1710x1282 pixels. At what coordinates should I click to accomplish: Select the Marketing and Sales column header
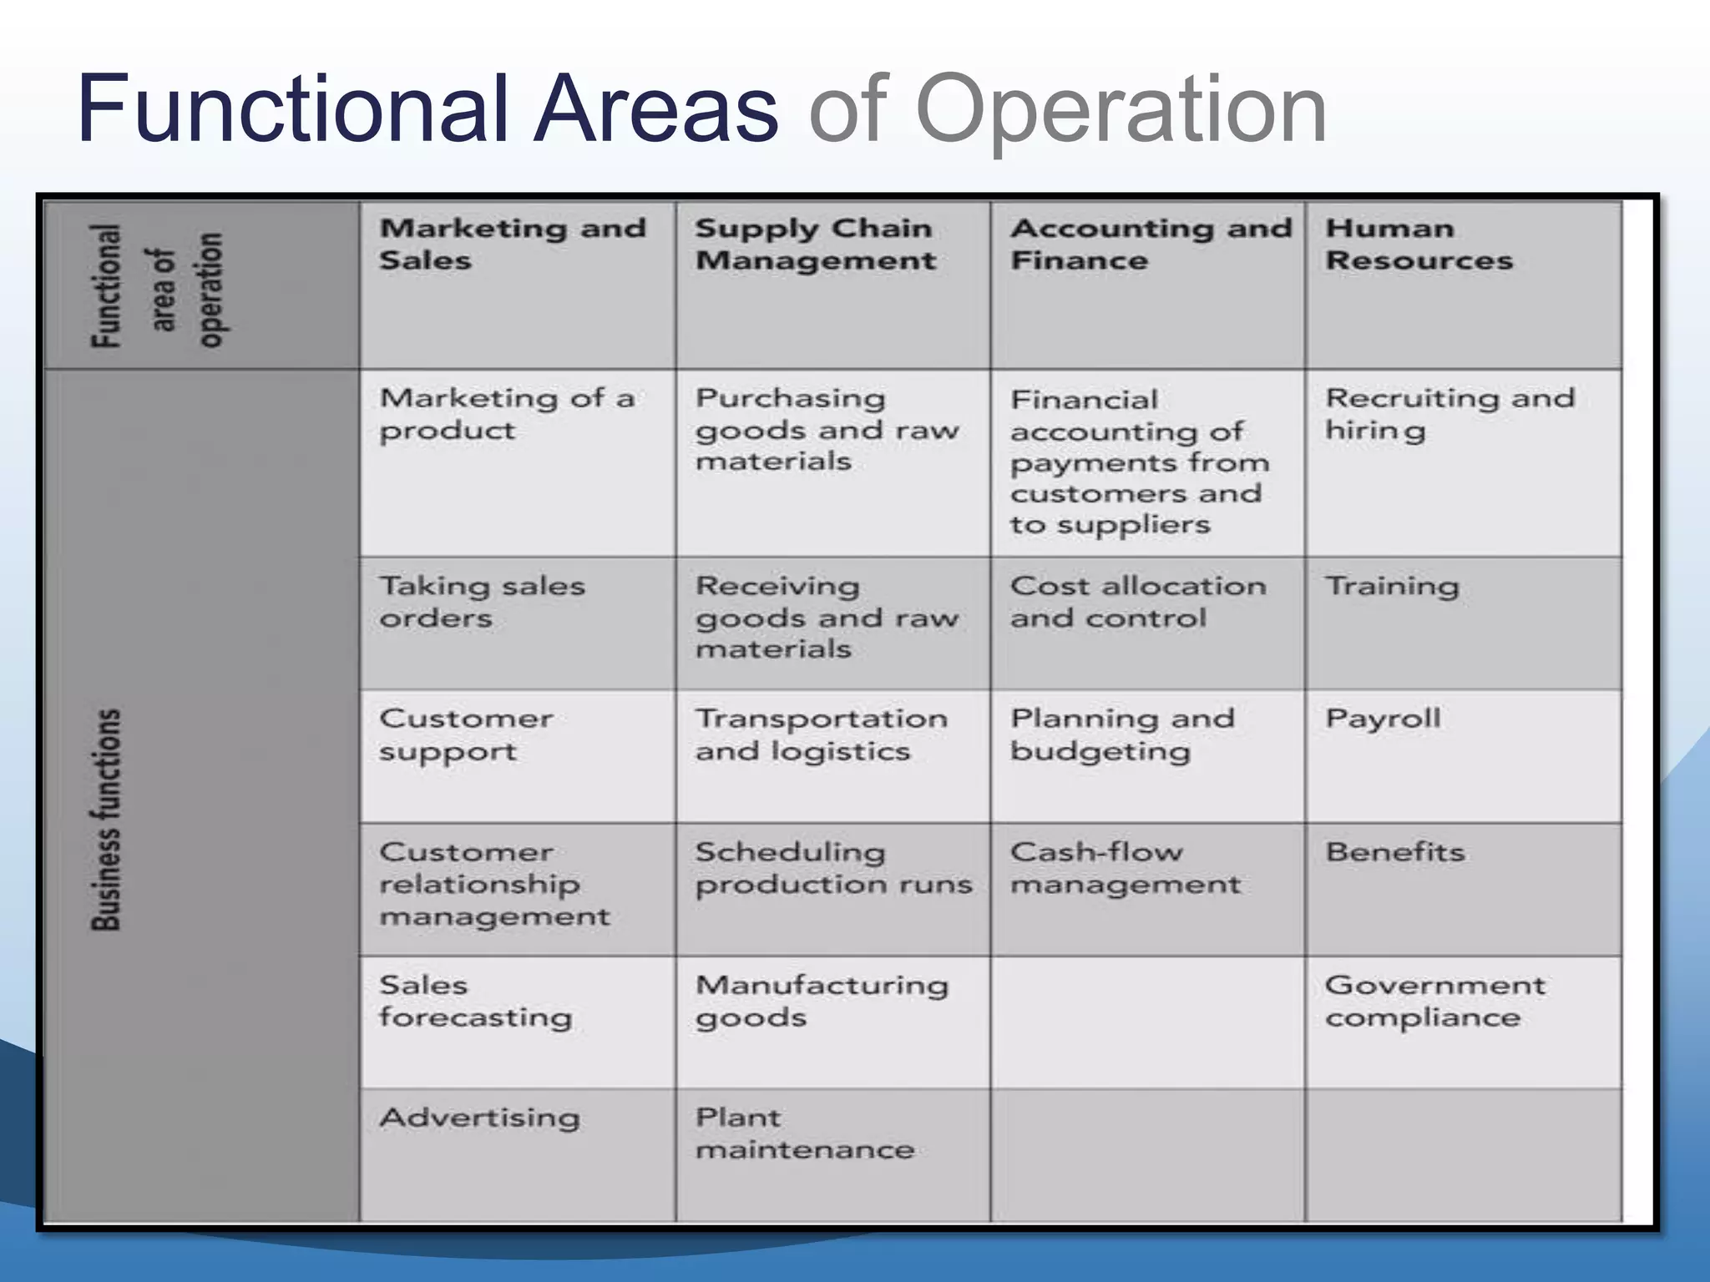[513, 244]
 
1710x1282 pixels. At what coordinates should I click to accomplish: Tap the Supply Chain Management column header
[815, 244]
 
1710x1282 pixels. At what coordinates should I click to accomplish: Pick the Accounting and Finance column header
[1151, 244]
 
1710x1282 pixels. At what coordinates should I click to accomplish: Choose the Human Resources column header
[1419, 244]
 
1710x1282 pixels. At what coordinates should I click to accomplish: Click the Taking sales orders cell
[482, 602]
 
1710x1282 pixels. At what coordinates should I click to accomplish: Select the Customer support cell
[466, 734]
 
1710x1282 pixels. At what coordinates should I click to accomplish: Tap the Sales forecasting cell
[475, 1001]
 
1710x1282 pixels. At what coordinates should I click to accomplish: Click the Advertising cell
[479, 1118]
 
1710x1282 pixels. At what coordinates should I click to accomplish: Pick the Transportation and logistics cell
[821, 734]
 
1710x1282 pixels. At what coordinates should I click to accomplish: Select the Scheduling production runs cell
[833, 868]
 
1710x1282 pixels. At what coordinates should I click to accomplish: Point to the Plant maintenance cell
[804, 1133]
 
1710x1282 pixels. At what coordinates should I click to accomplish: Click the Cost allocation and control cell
[1138, 602]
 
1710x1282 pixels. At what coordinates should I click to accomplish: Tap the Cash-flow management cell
[1126, 868]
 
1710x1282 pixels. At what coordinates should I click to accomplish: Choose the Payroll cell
[1383, 719]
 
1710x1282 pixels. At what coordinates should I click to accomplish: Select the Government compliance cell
[1434, 1001]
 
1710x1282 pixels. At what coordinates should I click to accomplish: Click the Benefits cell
[1394, 852]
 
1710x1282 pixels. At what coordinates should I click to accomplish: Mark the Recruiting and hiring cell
[1449, 414]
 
